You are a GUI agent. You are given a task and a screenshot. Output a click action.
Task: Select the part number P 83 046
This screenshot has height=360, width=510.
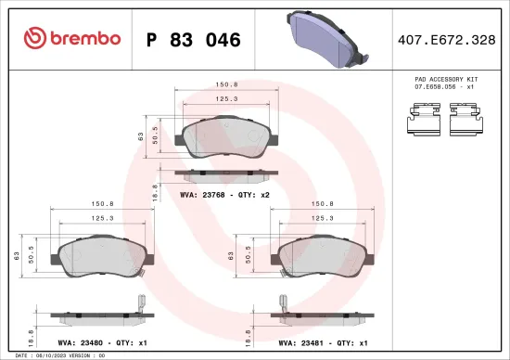click(195, 40)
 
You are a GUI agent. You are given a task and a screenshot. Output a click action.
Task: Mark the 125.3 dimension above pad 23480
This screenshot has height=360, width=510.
click(98, 219)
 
